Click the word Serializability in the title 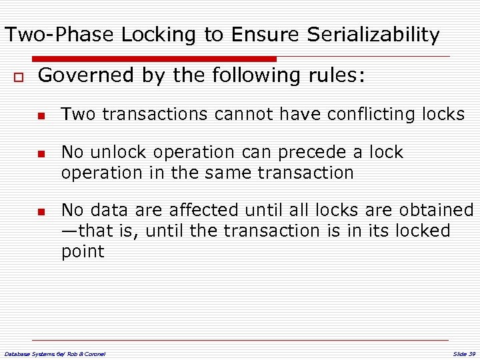pyautogui.click(x=373, y=35)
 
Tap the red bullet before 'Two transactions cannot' pyautogui.click(x=41, y=116)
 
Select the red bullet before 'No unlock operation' pyautogui.click(x=41, y=154)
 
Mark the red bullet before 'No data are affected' pyautogui.click(x=41, y=212)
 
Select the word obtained pyautogui.click(x=436, y=211)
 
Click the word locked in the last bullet pyautogui.click(x=422, y=231)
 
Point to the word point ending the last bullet pyautogui.click(x=83, y=252)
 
